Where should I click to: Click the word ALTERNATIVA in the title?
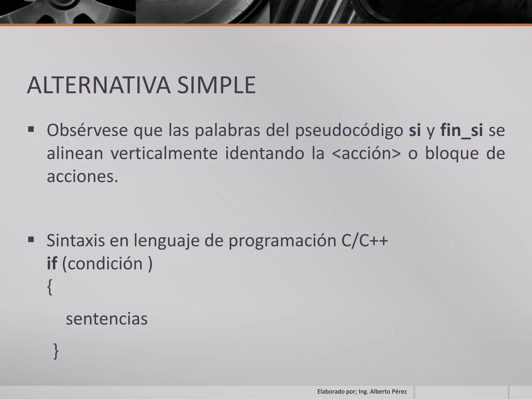(x=99, y=85)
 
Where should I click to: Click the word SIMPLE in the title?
(x=216, y=85)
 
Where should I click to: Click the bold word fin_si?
(x=462, y=130)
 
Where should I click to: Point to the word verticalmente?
(x=164, y=153)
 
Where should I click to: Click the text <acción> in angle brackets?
(x=366, y=153)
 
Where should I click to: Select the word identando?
(x=264, y=153)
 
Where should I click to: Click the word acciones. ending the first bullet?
(x=82, y=177)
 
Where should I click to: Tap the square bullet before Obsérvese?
(x=31, y=129)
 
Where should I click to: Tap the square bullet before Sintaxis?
(x=31, y=239)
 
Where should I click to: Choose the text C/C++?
(x=365, y=240)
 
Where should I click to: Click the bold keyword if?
(x=52, y=263)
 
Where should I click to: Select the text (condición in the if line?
(x=103, y=264)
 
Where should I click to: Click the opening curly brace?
(x=50, y=287)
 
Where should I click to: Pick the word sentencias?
(x=107, y=319)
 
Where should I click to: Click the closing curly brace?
(x=56, y=351)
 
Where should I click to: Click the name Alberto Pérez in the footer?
(x=388, y=391)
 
